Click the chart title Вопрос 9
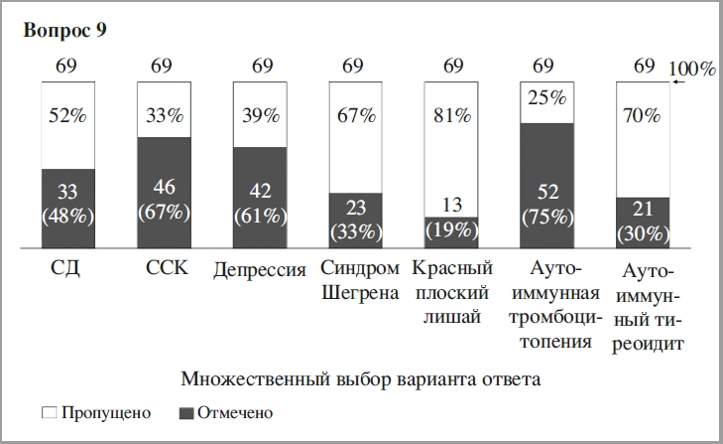[x=64, y=30]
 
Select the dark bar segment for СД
[x=68, y=209]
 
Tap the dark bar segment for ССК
[x=165, y=193]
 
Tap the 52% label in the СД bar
[x=68, y=115]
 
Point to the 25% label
[x=546, y=98]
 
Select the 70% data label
[x=643, y=115]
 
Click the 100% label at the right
[x=694, y=70]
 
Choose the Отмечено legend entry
[x=225, y=411]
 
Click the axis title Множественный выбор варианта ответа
[x=361, y=379]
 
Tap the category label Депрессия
[x=261, y=271]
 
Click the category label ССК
[x=165, y=269]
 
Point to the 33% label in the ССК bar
[x=165, y=115]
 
